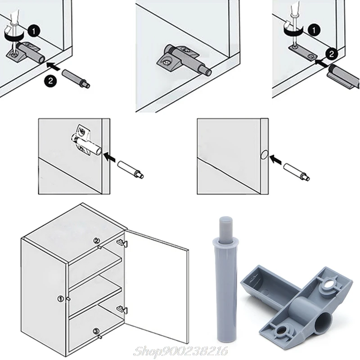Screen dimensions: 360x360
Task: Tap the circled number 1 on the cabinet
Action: point(60,298)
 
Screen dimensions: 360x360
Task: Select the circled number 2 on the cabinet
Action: point(96,241)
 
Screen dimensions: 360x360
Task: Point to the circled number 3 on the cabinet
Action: point(96,332)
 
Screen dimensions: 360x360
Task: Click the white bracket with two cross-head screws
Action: point(83,134)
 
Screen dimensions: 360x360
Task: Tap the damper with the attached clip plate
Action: point(344,74)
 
